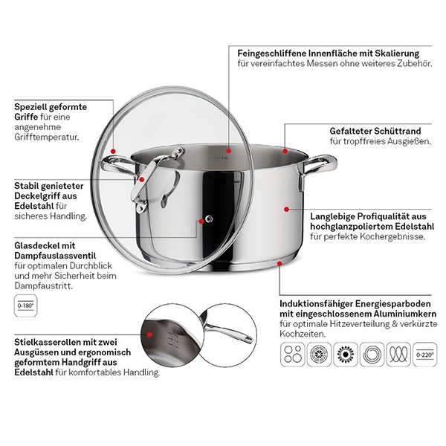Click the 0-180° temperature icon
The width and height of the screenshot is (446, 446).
25,306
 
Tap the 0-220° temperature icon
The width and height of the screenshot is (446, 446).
425,355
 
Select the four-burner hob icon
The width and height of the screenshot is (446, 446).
293,355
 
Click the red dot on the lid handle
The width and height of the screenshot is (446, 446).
141,179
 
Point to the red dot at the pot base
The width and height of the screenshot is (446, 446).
280,264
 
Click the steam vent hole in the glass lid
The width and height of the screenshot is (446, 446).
210,219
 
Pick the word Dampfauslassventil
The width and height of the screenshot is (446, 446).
55,256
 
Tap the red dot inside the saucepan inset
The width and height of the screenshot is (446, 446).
149,334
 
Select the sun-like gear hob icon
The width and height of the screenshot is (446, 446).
346,355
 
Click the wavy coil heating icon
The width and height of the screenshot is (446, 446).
398,355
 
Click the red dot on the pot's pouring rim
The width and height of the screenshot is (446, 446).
285,151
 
